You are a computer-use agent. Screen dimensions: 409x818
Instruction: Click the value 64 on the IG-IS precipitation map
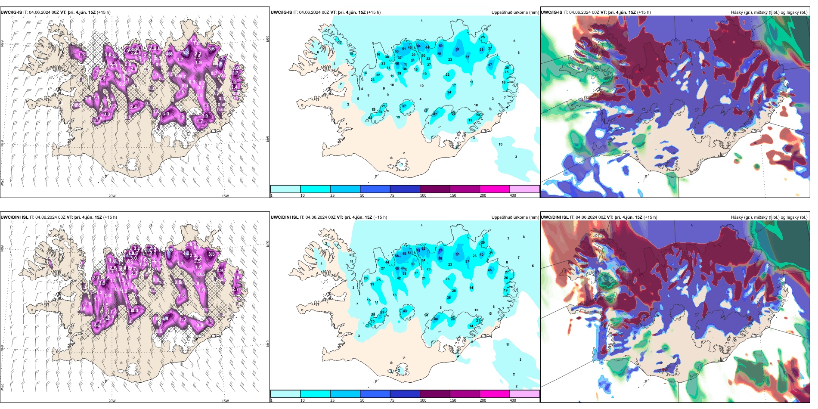click(418, 46)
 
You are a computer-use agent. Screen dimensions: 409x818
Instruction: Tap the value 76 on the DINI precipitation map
click(440, 250)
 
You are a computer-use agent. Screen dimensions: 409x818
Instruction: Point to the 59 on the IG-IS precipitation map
click(440, 46)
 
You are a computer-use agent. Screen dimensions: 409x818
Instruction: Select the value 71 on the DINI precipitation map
click(418, 250)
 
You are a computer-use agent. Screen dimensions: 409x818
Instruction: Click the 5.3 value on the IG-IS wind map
click(186, 53)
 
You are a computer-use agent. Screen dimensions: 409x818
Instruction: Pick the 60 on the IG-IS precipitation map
click(397, 64)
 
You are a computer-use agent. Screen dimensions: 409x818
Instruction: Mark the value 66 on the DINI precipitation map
click(404, 254)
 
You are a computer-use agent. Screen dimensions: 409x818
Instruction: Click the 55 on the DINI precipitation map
click(457, 254)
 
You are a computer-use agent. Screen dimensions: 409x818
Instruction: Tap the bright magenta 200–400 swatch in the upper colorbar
click(494, 189)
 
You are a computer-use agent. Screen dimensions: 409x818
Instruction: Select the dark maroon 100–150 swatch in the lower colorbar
click(434, 394)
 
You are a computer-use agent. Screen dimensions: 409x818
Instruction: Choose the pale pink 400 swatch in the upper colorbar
click(524, 189)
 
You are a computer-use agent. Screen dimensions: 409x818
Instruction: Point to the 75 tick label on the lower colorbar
click(392, 400)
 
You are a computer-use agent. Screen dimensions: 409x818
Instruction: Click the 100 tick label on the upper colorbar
click(423, 195)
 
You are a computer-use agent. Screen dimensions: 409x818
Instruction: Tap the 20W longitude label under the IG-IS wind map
click(112, 196)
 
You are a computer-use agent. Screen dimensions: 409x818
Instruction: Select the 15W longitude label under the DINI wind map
click(225, 401)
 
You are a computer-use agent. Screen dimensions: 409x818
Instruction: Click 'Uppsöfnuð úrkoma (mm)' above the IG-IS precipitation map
click(515, 12)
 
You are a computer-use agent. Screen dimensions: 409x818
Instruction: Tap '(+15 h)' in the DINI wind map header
click(110, 217)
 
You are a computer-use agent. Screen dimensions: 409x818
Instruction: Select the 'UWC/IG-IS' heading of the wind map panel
click(11, 12)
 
